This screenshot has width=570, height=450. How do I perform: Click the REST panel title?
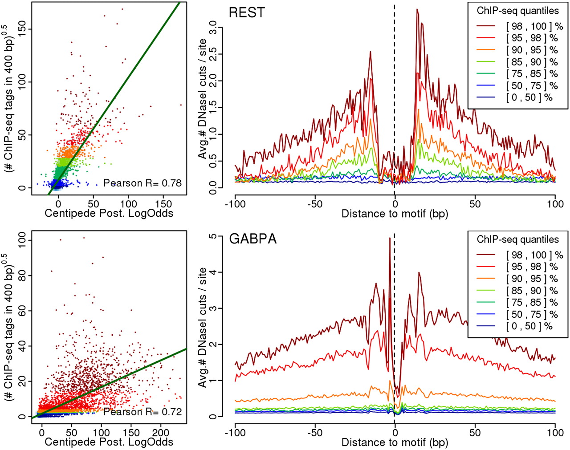[247, 12]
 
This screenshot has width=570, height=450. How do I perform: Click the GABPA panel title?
[252, 239]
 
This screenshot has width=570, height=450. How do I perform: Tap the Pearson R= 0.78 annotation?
[142, 183]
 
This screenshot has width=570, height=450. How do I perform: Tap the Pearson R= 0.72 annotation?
[142, 412]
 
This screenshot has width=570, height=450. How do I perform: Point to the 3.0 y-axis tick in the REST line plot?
[213, 27]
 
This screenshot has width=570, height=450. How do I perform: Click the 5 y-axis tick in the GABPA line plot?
[213, 236]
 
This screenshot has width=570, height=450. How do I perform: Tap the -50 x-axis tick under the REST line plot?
[315, 204]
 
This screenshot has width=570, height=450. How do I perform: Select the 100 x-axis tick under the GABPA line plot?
[555, 433]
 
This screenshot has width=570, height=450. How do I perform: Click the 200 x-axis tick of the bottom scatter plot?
[160, 433]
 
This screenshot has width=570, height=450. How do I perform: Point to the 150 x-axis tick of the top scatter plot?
[163, 204]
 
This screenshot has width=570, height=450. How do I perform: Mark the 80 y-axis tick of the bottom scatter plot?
[23, 275]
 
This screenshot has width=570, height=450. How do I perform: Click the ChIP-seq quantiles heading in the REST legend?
[518, 11]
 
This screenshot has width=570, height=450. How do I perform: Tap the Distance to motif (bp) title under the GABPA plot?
[395, 442]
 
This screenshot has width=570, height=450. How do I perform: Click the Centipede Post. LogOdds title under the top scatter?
[109, 213]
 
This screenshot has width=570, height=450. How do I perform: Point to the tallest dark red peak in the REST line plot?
[417, 9]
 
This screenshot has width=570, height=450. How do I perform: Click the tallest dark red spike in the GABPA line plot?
[390, 238]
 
